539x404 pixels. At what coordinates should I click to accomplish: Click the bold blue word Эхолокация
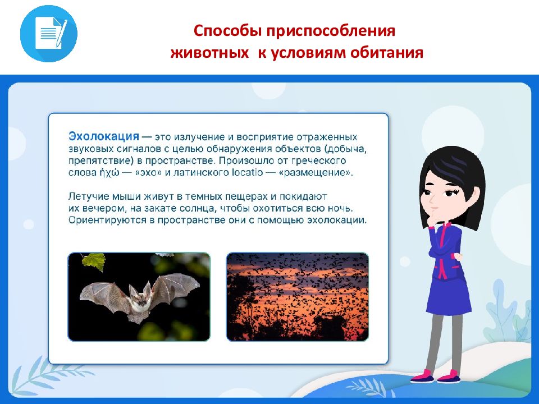tap(104, 136)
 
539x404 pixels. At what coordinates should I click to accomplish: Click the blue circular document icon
tap(49, 34)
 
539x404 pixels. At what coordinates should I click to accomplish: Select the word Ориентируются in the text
tap(107, 220)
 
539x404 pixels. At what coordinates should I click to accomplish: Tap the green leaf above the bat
tap(94, 261)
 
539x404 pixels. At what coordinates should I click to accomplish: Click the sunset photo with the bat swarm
tap(298, 297)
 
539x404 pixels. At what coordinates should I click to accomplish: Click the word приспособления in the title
tap(330, 30)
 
